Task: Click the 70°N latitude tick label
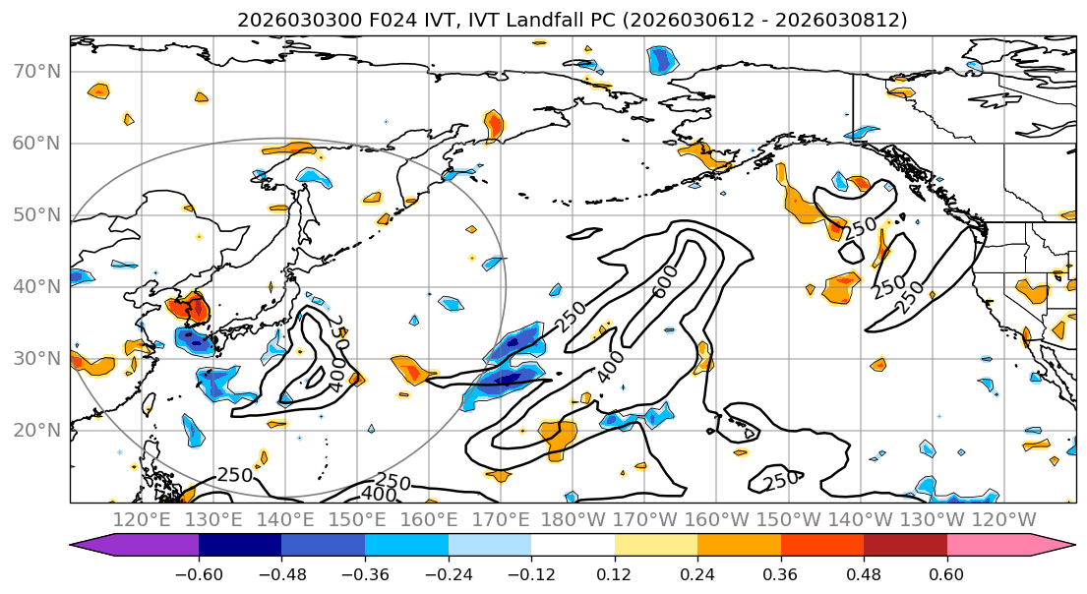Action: [x=36, y=71]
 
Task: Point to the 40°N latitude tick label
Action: [x=36, y=286]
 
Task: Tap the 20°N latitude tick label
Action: [x=36, y=430]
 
